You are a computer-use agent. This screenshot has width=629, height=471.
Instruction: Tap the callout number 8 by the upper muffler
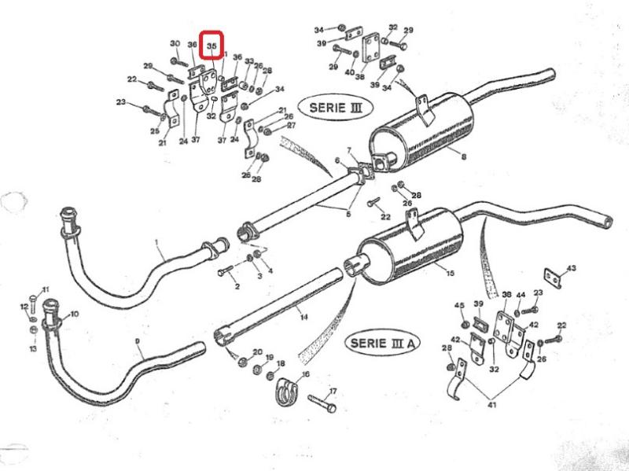[x=463, y=157]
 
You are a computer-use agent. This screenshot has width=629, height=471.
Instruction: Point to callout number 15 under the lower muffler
[x=450, y=274]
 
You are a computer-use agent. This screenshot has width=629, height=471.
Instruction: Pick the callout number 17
[x=333, y=391]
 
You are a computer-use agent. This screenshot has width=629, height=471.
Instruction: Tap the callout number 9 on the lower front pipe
[x=138, y=341]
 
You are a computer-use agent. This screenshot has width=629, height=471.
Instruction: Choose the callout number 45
[x=460, y=305]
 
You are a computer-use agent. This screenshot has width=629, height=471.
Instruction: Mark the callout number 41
[x=491, y=405]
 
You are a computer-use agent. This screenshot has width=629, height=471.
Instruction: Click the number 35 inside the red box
[x=212, y=47]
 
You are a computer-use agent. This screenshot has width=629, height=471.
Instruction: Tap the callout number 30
[x=175, y=43]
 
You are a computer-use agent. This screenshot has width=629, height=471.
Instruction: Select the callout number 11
[x=45, y=290]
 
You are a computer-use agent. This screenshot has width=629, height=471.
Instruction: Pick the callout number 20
[x=257, y=351]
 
